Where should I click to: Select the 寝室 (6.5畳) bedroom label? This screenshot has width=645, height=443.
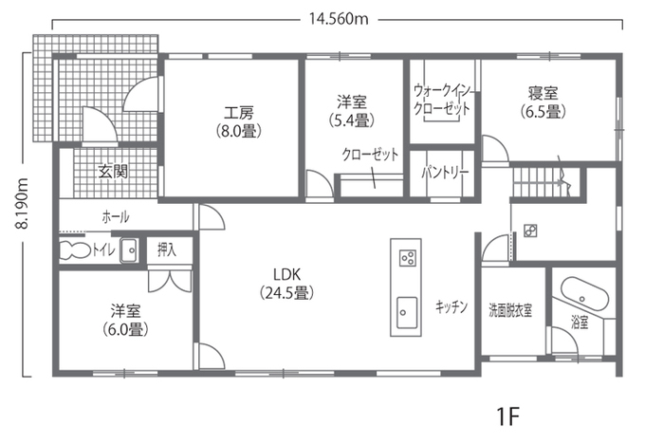(544, 102)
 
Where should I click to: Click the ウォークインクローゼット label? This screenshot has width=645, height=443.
(442, 101)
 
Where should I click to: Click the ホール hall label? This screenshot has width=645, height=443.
(116, 217)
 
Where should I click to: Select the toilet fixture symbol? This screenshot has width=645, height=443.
(75, 250)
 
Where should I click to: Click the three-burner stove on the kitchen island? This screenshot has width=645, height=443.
(408, 257)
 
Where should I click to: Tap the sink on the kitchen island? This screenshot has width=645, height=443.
(407, 309)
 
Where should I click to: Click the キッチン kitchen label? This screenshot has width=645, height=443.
(451, 306)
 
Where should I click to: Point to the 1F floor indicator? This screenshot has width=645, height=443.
(507, 416)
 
